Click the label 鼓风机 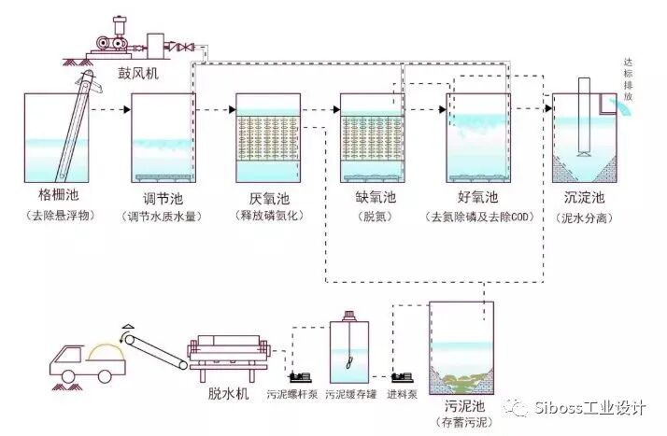(x=137, y=74)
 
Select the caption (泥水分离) (x=586, y=217)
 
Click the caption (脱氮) (x=372, y=217)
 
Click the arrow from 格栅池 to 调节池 (x=111, y=110)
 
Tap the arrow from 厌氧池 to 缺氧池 (x=323, y=110)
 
